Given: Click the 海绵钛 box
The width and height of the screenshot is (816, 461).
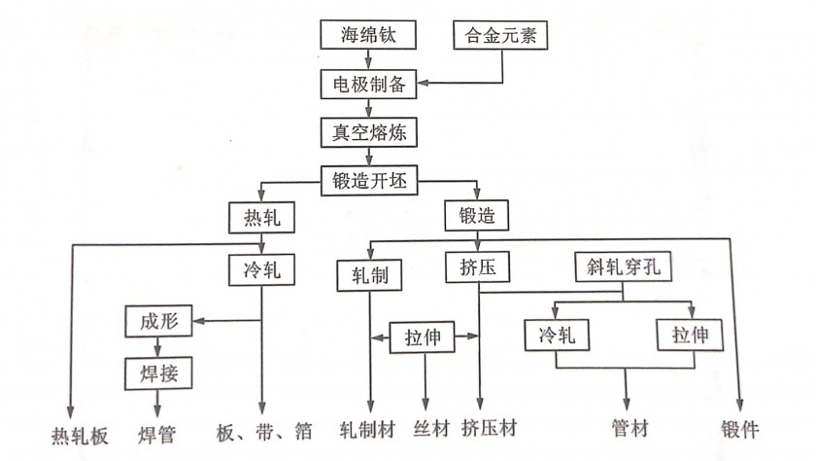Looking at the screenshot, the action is (x=368, y=35).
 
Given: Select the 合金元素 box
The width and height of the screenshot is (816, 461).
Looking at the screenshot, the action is (x=500, y=35).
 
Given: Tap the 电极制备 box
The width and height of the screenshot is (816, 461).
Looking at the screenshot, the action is (x=368, y=84).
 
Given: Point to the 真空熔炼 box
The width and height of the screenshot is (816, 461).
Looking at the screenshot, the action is (x=368, y=132).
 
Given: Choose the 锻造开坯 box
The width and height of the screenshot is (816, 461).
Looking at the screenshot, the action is (x=369, y=181).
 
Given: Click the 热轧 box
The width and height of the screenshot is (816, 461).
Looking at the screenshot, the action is (x=261, y=217).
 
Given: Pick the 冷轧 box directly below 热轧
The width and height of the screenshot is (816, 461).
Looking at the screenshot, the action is (x=261, y=269).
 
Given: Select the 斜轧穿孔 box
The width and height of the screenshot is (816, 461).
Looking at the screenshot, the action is (x=623, y=266).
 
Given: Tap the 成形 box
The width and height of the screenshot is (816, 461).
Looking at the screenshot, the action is (x=158, y=321).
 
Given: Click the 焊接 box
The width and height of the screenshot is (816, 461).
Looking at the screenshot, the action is (x=158, y=372).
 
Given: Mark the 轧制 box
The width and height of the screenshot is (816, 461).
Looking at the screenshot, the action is (x=369, y=275).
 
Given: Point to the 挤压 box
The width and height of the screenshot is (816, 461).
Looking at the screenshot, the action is (x=477, y=267).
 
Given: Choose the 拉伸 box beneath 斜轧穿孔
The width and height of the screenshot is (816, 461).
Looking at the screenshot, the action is (x=690, y=335).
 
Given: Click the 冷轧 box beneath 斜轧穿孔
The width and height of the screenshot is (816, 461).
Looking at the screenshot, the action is (x=557, y=335).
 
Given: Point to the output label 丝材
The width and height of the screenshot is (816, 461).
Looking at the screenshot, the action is (x=431, y=429).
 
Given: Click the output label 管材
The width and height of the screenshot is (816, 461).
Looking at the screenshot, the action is (x=629, y=429).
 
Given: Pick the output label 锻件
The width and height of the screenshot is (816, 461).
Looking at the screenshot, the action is (x=739, y=429).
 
